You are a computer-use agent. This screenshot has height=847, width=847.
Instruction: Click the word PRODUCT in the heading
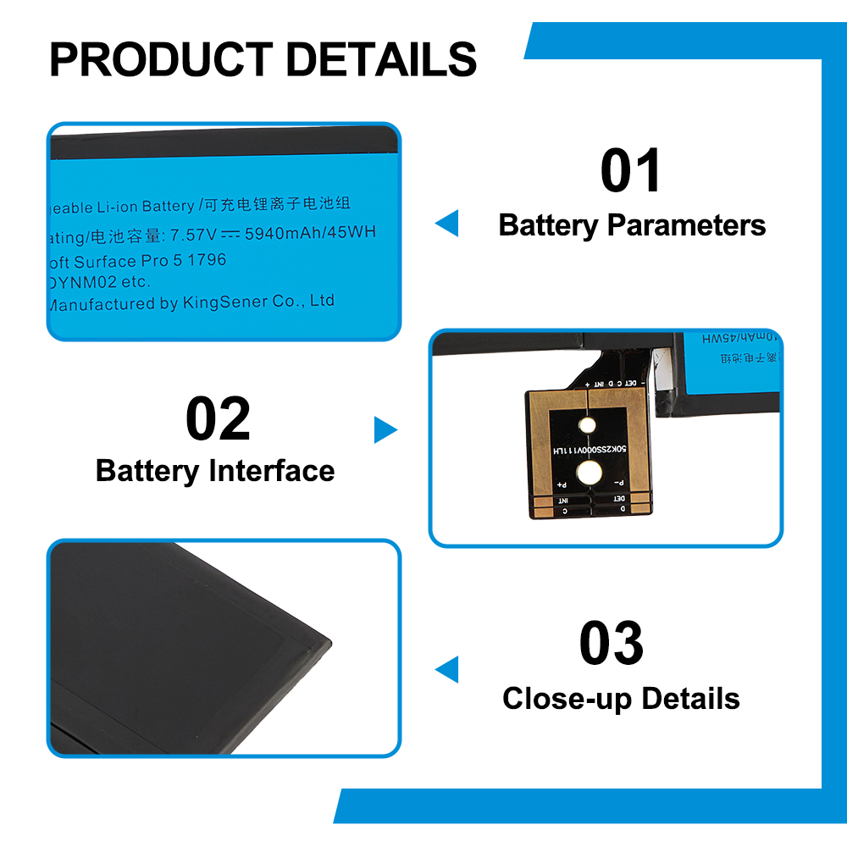coord(160,58)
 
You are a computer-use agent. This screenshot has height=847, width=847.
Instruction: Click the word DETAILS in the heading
coord(380,58)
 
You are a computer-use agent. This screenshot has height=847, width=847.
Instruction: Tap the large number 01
coord(630,171)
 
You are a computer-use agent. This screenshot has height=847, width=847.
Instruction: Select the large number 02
coord(218,420)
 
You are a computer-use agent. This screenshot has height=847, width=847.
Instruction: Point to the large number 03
coord(611,644)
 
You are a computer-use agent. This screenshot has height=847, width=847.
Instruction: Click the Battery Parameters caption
coord(632,225)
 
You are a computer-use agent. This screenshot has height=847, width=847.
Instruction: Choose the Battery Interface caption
coord(215,471)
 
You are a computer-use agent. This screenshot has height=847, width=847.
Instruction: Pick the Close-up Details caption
coord(621,699)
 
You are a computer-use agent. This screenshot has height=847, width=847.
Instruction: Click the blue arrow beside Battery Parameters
coord(446,224)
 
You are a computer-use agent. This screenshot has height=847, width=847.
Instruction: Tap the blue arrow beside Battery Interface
coord(385,430)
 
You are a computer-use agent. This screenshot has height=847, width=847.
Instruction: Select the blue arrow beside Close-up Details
coord(446,668)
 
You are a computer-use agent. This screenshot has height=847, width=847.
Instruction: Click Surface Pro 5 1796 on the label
coord(151,261)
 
